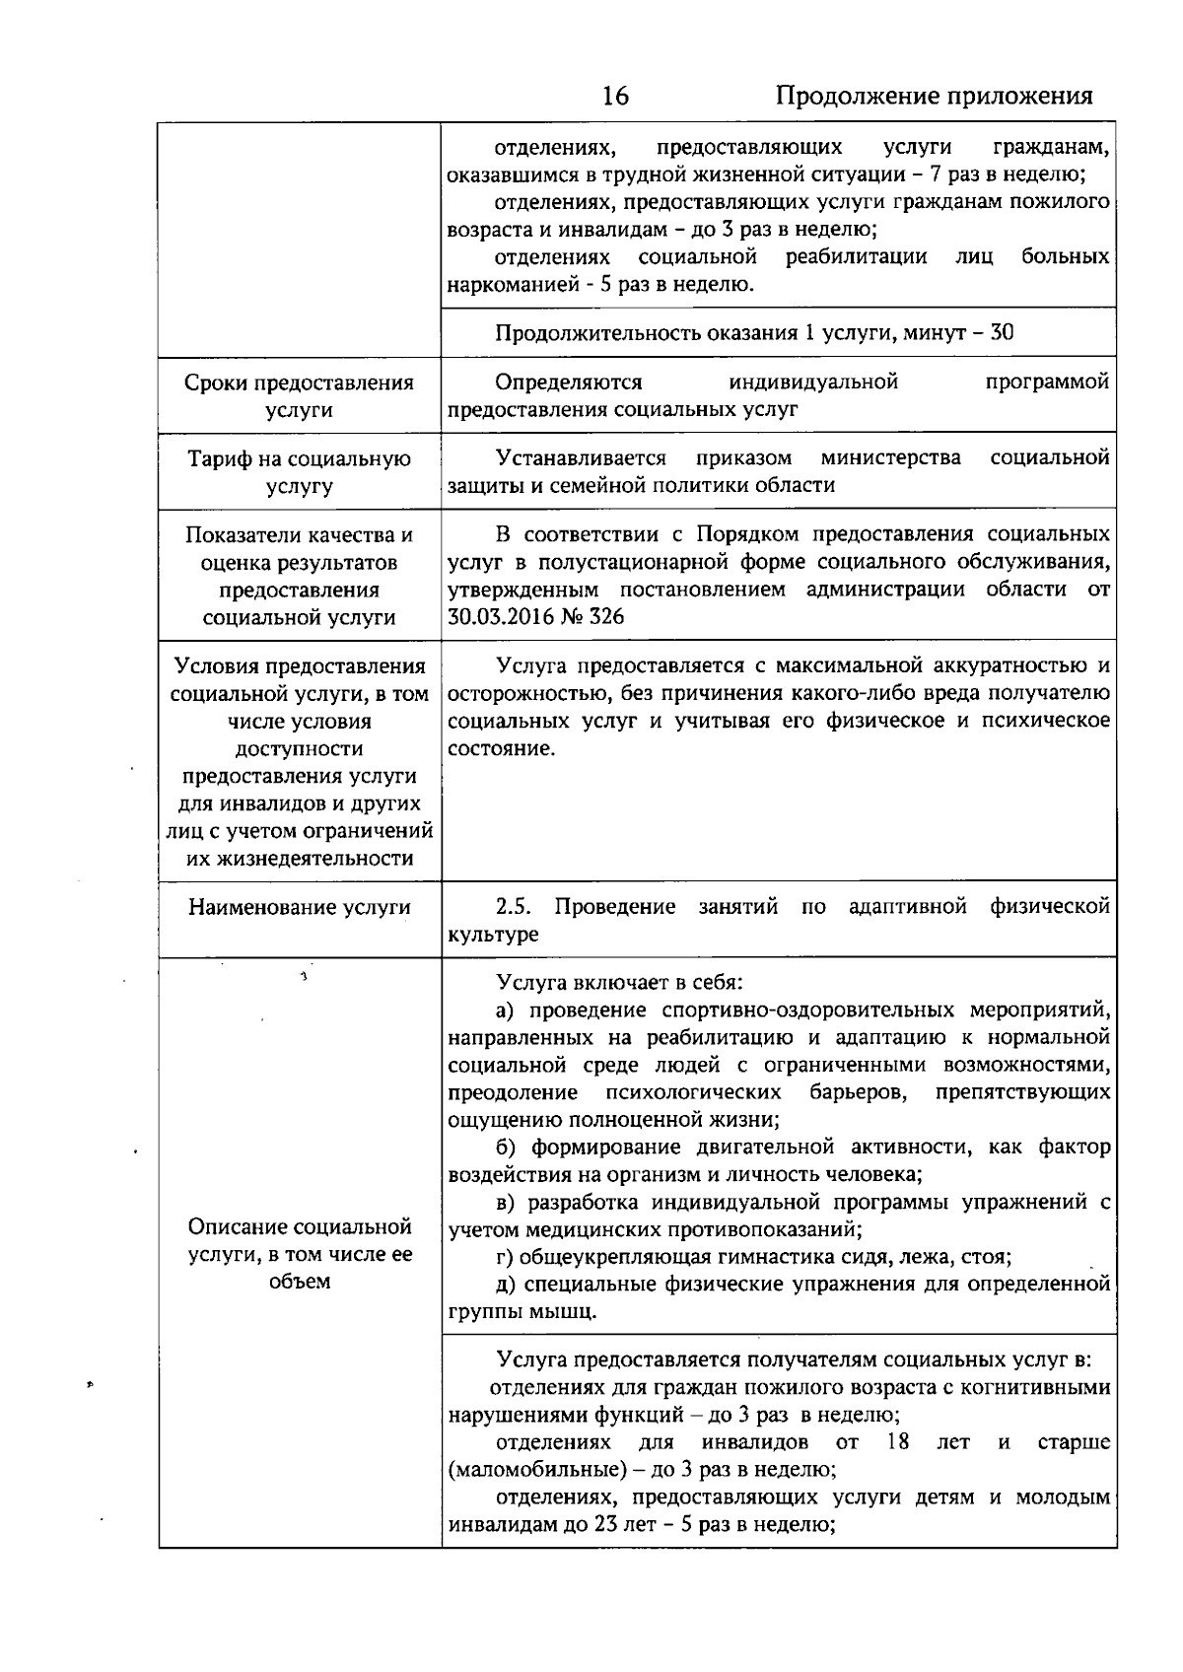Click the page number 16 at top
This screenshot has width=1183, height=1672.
pyautogui.click(x=614, y=96)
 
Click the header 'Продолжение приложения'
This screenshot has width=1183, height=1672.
pyautogui.click(x=934, y=96)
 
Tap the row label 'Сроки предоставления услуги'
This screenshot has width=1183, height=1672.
pyautogui.click(x=299, y=396)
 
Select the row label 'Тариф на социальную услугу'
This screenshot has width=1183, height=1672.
pyautogui.click(x=299, y=472)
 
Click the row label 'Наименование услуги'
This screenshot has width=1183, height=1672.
pyautogui.click(x=299, y=907)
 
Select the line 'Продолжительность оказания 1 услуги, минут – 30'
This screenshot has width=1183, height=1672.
pyautogui.click(x=754, y=332)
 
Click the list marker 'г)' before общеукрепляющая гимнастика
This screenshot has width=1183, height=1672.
pyautogui.click(x=504, y=1257)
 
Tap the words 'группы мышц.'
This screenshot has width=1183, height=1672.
pyautogui.click(x=522, y=1312)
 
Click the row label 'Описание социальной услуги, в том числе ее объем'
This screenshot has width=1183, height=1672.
pyautogui.click(x=299, y=1254)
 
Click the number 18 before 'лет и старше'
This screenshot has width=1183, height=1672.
pyautogui.click(x=897, y=1442)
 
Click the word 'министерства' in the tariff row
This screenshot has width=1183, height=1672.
pyautogui.click(x=890, y=457)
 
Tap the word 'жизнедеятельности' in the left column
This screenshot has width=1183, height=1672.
pyautogui.click(x=300, y=859)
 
